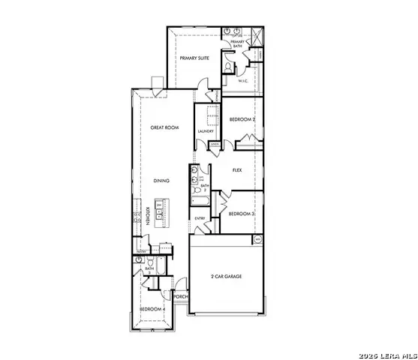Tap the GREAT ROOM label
tap(164, 128)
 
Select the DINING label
tap(161, 181)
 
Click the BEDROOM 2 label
tap(242, 119)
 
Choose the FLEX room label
tap(236, 170)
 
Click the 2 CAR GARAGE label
tap(226, 277)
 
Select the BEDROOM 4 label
tap(152, 309)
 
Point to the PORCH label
tap(180, 297)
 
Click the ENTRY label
tap(200, 218)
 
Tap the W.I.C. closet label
tap(243, 79)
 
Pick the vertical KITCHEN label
tap(149, 214)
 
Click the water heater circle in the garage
tap(258, 239)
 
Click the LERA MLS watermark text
tap(386, 354)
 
